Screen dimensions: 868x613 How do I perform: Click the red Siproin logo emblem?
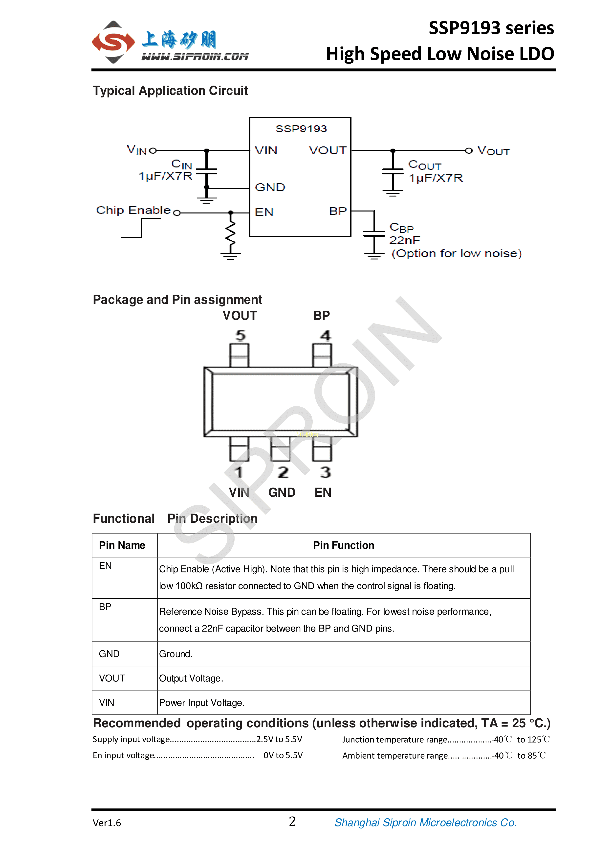[x=113, y=42]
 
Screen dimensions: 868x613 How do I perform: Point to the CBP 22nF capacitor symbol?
[x=374, y=233]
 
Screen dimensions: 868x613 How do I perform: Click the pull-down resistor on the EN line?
[x=230, y=233]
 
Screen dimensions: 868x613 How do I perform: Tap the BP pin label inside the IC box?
[x=337, y=211]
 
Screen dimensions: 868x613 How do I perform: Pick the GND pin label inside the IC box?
[x=270, y=188]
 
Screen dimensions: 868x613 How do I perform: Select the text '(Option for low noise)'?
[x=456, y=254]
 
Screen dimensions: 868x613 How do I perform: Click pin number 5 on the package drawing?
[x=240, y=335]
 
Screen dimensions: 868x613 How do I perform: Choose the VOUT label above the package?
[x=240, y=316]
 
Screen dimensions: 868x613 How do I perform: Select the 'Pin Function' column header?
[x=343, y=545]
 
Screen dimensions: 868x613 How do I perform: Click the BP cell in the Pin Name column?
[x=105, y=607]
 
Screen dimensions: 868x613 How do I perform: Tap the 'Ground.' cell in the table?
[x=176, y=654]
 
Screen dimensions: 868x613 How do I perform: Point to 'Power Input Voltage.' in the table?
[x=202, y=703]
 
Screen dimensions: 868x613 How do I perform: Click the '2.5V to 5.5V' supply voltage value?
[x=279, y=739]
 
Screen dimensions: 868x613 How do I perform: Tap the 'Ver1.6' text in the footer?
[x=107, y=823]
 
